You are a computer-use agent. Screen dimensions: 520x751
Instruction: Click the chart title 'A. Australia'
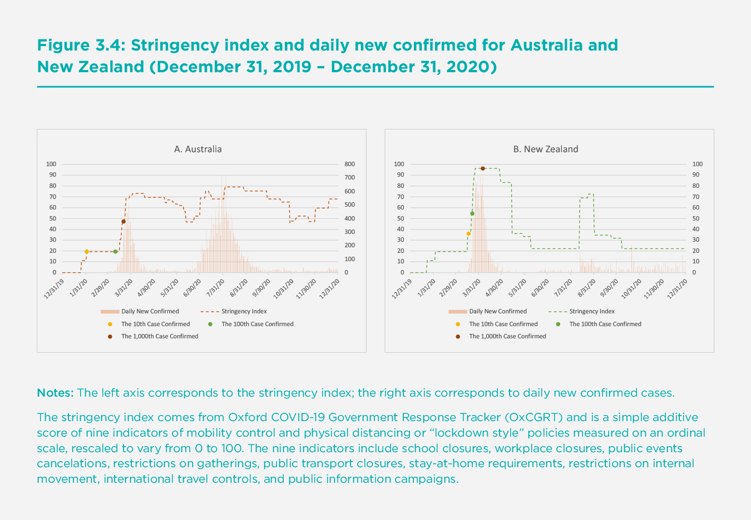pos(197,149)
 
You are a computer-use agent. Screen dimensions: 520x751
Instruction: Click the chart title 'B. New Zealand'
pos(545,149)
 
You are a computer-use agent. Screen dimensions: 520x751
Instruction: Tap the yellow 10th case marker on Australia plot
pos(87,252)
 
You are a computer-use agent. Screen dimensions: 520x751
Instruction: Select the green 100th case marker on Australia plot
pos(115,252)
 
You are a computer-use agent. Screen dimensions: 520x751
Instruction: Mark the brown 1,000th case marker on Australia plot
pos(123,222)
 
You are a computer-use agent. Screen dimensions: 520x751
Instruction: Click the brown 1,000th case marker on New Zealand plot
pos(482,168)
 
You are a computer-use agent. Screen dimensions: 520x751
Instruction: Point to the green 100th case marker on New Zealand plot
pos(472,213)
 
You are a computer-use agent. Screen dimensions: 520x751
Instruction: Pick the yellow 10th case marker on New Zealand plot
pos(468,233)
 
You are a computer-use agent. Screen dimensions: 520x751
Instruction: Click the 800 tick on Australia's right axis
pos(349,164)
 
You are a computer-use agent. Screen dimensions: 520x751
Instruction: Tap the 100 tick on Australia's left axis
pos(51,164)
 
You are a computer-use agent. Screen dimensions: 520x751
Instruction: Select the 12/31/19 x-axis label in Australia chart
pos(56,288)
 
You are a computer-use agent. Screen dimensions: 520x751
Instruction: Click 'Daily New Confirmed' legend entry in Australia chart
pos(150,312)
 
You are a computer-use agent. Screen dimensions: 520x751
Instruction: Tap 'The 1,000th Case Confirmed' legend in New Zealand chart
pos(507,336)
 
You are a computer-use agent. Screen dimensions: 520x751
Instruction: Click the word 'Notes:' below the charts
pos(55,393)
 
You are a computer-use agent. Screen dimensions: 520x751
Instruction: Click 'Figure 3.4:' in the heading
pos(80,44)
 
